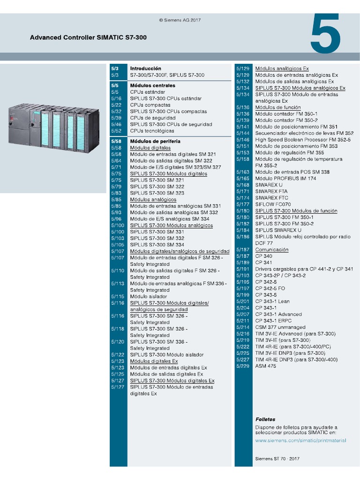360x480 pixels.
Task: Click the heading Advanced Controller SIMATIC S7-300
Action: tap(88, 37)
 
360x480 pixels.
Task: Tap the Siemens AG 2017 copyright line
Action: tap(180, 20)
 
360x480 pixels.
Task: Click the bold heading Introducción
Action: tap(145, 68)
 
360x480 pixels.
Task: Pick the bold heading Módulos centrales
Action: tap(152, 86)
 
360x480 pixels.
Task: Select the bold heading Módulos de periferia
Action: tap(155, 141)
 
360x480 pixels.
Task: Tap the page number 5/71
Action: tap(116, 167)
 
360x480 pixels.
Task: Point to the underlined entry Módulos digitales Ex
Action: tap(154, 361)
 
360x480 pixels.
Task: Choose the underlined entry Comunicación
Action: tap(272, 250)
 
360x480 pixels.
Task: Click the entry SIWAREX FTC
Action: tap(272, 198)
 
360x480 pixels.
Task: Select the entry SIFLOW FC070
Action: tap(273, 204)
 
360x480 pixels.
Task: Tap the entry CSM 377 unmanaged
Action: tap(280, 327)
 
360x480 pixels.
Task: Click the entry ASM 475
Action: tap(266, 366)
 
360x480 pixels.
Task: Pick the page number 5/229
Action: tap(243, 366)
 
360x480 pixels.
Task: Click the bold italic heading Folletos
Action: tap(265, 420)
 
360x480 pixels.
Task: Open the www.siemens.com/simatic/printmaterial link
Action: tap(300, 441)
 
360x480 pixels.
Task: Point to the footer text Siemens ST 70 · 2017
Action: tap(277, 458)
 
